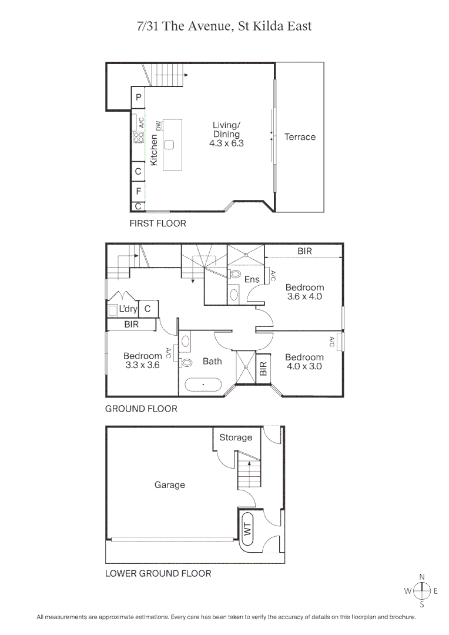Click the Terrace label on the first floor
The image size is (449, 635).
click(x=300, y=137)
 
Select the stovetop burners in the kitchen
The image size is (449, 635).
click(x=139, y=138)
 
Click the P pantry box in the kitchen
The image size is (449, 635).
click(x=139, y=98)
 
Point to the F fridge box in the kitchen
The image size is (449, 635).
click(x=139, y=191)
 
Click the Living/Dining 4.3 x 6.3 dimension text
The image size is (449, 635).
click(x=226, y=142)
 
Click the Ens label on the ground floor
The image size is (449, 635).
click(x=252, y=279)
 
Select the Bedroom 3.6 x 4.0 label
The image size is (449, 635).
click(x=304, y=292)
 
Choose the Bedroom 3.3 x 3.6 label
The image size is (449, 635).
click(x=142, y=360)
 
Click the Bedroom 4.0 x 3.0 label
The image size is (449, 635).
click(x=304, y=362)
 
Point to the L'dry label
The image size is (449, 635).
click(x=128, y=309)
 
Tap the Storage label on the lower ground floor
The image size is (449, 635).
click(x=236, y=437)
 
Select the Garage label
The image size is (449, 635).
click(x=170, y=485)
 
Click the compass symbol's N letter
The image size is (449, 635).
click(x=422, y=577)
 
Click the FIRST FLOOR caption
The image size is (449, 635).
click(x=158, y=223)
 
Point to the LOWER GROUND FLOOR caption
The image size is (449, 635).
click(x=158, y=573)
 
